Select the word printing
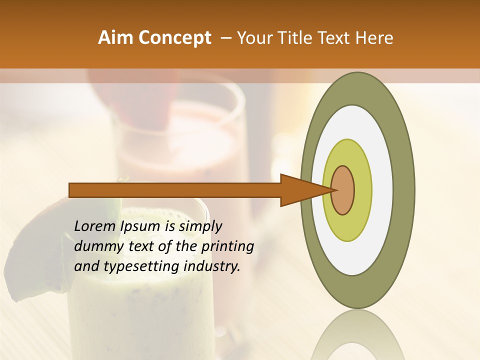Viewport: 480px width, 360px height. pyautogui.click(x=227, y=246)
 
